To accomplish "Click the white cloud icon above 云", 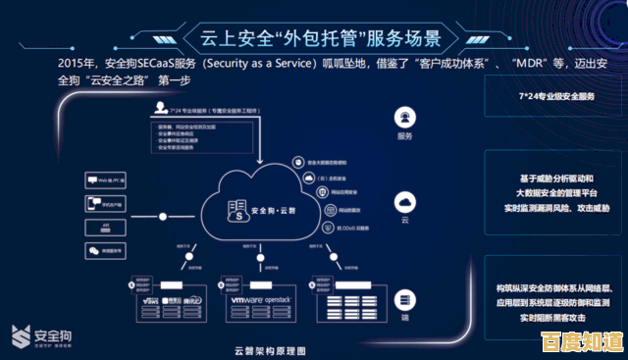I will click(x=404, y=202).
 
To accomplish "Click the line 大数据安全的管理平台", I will click(x=556, y=193).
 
